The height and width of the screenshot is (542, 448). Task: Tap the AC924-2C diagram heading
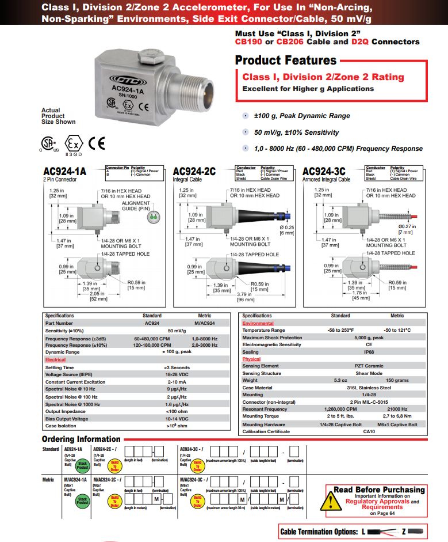(194, 172)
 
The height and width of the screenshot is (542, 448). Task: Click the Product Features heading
(286, 60)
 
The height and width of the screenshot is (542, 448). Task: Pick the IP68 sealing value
(369, 352)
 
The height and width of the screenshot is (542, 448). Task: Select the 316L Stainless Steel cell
(369, 388)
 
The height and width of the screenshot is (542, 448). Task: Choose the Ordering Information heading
(82, 439)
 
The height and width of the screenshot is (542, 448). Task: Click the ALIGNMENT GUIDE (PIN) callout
(136, 206)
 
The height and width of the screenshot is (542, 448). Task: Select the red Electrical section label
(56, 359)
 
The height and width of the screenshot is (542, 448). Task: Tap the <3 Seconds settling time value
(177, 367)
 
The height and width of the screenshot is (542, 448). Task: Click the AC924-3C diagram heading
(324, 172)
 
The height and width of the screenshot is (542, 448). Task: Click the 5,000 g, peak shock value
(369, 338)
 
